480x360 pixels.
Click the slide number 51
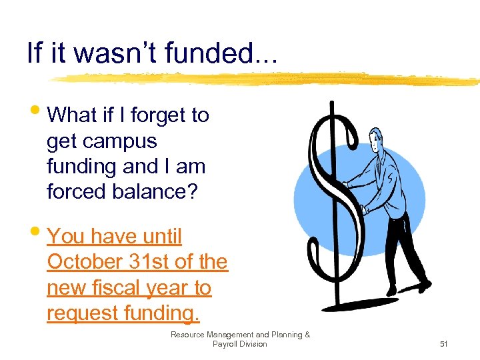[443, 344]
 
